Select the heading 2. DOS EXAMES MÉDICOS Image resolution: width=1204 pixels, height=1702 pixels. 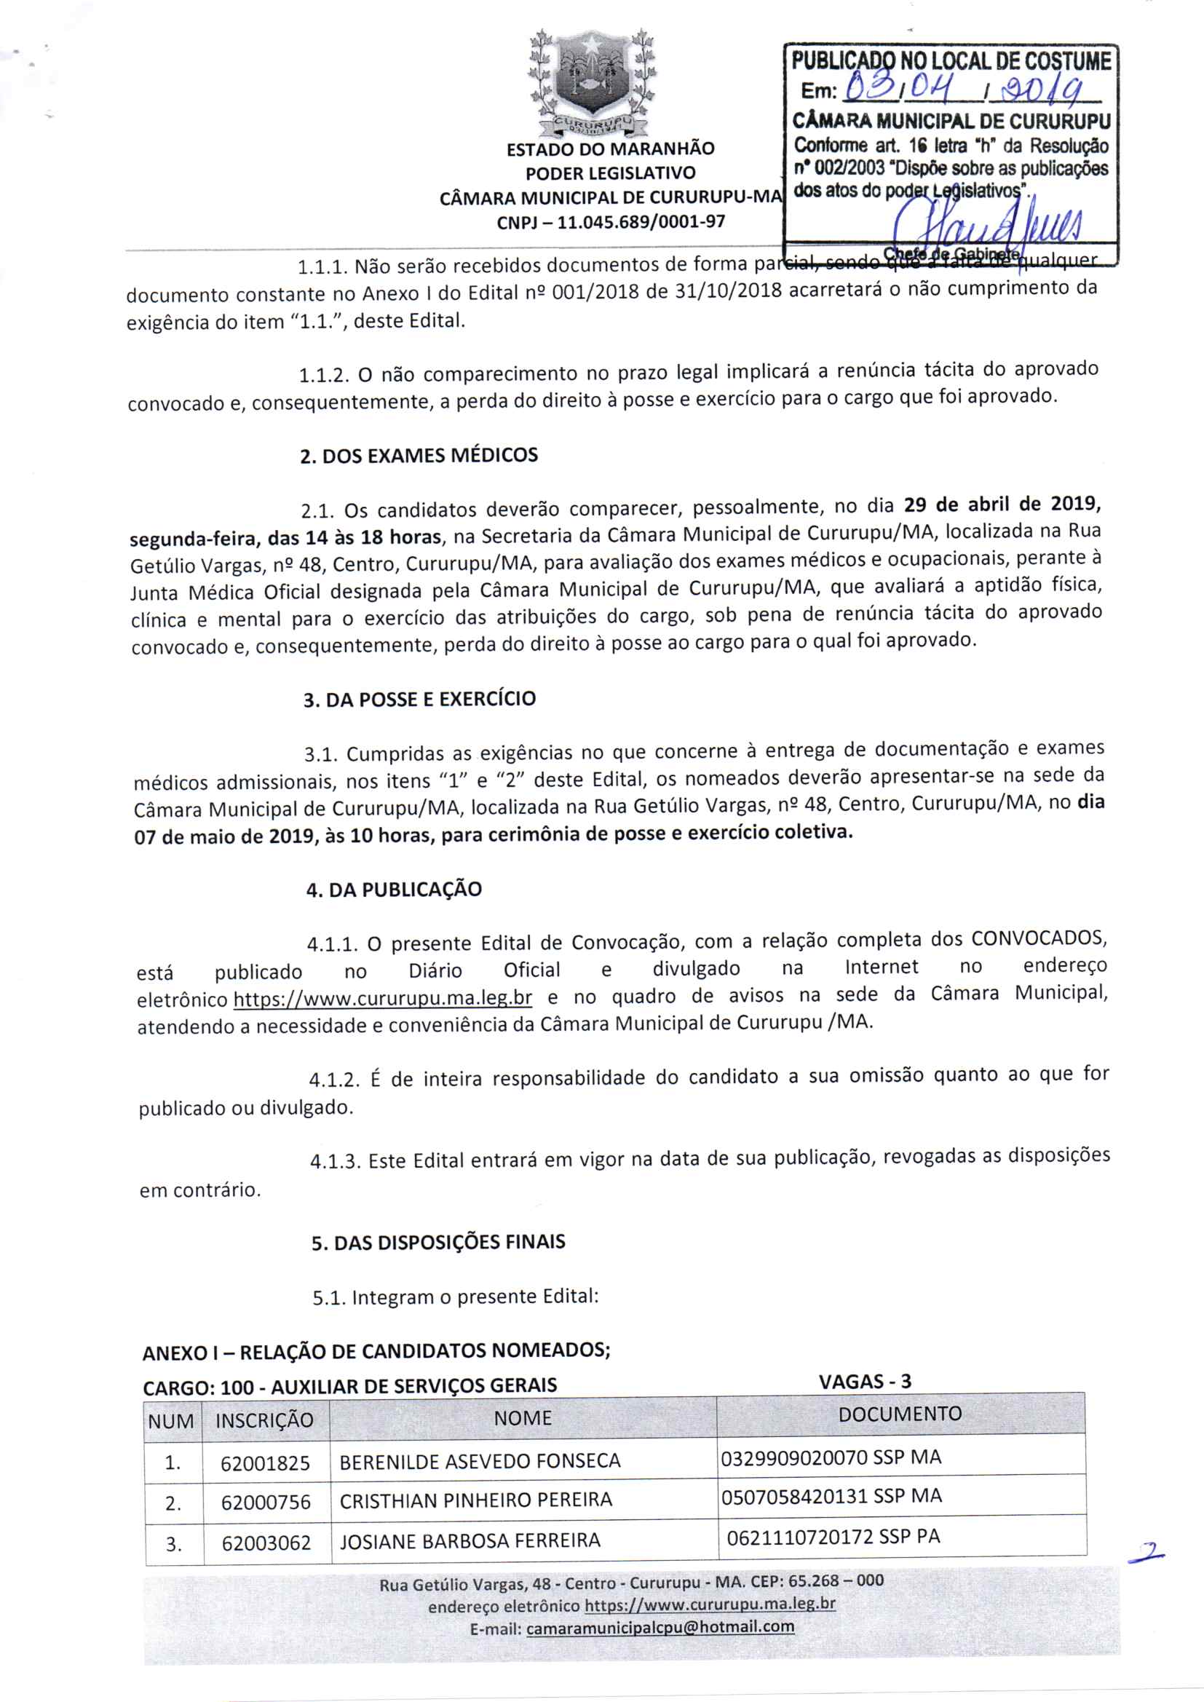(x=419, y=455)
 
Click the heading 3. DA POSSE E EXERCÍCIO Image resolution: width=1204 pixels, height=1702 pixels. (x=419, y=700)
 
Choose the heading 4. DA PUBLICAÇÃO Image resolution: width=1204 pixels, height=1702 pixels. (x=394, y=890)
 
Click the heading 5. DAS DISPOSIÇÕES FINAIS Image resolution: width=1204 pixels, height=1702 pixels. (x=438, y=1243)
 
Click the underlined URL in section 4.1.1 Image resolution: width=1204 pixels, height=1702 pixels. (x=383, y=999)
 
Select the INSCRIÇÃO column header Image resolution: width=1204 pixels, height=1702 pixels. (x=265, y=1420)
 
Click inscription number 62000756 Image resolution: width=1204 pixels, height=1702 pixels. (x=266, y=1502)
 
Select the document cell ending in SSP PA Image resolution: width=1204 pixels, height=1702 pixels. (x=833, y=1537)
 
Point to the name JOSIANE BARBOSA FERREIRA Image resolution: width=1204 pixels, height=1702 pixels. (x=470, y=1541)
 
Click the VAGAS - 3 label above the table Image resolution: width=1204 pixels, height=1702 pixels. (x=866, y=1381)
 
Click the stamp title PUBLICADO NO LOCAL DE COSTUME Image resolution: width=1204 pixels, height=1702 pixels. (x=951, y=62)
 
